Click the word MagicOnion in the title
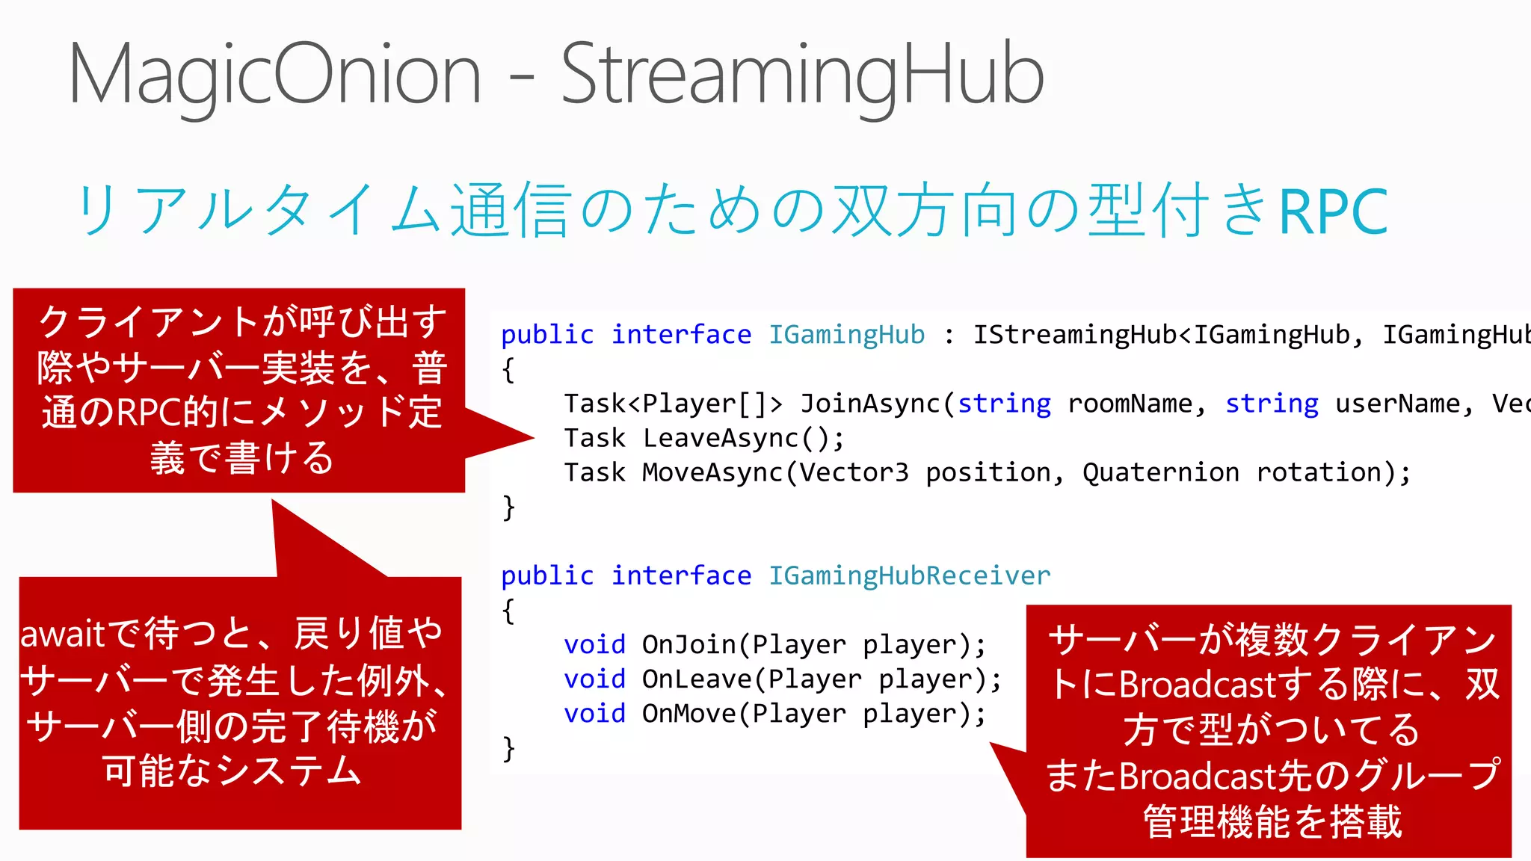click(x=274, y=75)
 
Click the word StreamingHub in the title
click(x=802, y=75)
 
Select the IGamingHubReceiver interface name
click(x=909, y=575)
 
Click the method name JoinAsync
click(x=870, y=404)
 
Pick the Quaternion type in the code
click(x=1160, y=472)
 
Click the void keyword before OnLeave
click(x=594, y=679)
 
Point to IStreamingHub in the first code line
click(x=1074, y=334)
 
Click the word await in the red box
click(x=63, y=635)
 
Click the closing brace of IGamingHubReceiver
click(x=509, y=748)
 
